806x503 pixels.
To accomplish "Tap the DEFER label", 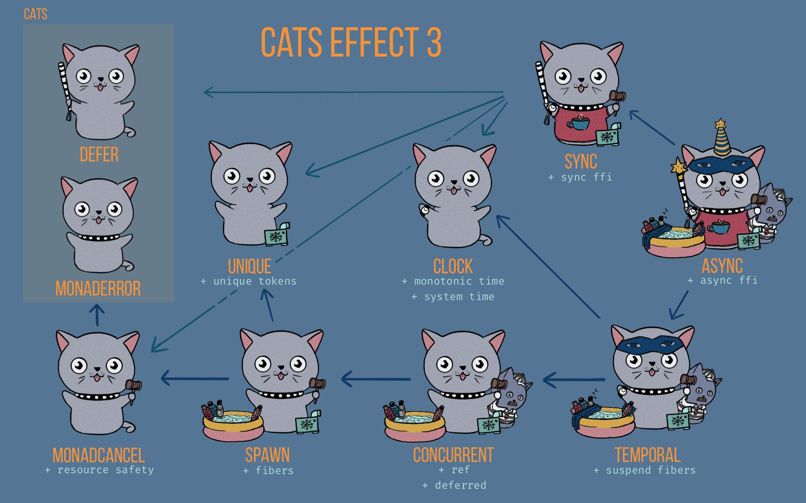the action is (x=99, y=155).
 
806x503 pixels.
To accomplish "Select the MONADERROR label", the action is (x=98, y=288).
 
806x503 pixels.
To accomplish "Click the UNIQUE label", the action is (x=249, y=266).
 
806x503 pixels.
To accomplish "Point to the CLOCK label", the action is (x=453, y=266).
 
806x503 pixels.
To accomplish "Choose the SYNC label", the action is (x=581, y=161).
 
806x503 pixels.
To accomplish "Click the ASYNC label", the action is (x=722, y=266).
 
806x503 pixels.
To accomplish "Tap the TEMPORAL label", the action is (x=647, y=455).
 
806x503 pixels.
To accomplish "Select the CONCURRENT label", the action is (x=453, y=455).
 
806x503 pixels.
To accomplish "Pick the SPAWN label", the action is (x=267, y=455).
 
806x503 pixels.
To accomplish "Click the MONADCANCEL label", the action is (x=99, y=455).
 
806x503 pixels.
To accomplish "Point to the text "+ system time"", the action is (x=453, y=297).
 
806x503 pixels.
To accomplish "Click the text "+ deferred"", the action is (x=454, y=485).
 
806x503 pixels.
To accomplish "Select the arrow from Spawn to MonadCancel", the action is (x=195, y=379).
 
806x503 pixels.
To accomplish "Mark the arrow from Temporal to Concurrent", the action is (x=574, y=379).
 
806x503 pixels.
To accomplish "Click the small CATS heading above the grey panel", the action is (x=35, y=14).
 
